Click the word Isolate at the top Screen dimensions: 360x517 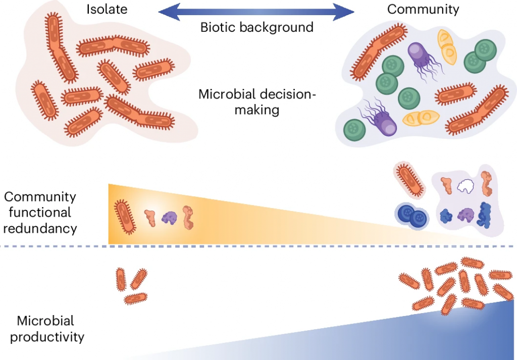click(106, 9)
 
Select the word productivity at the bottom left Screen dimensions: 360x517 click(47, 337)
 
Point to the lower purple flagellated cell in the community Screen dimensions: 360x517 click(382, 119)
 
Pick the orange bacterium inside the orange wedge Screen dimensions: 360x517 click(126, 216)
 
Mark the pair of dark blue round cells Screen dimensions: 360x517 click(411, 216)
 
